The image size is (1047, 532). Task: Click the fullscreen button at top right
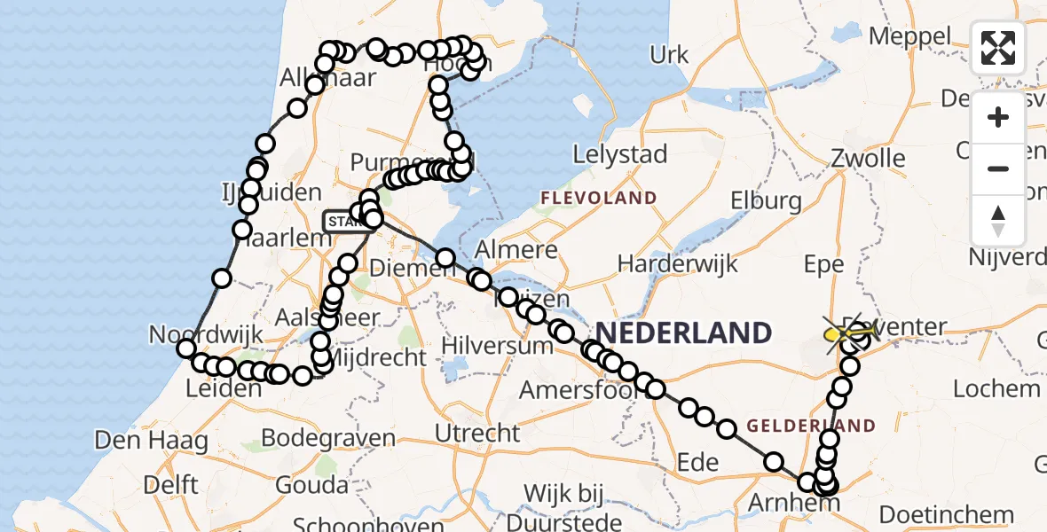998,48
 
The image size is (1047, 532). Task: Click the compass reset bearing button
998,221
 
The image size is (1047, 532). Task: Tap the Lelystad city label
619,154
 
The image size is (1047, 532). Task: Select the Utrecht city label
478,434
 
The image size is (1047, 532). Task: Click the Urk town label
669,55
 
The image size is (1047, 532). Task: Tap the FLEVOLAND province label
599,198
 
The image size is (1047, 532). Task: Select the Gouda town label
311,485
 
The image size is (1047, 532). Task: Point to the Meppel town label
909,36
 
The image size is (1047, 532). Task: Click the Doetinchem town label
947,514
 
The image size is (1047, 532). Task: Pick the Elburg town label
767,200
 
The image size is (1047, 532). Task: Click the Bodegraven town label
329,438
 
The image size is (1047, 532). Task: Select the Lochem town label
996,387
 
